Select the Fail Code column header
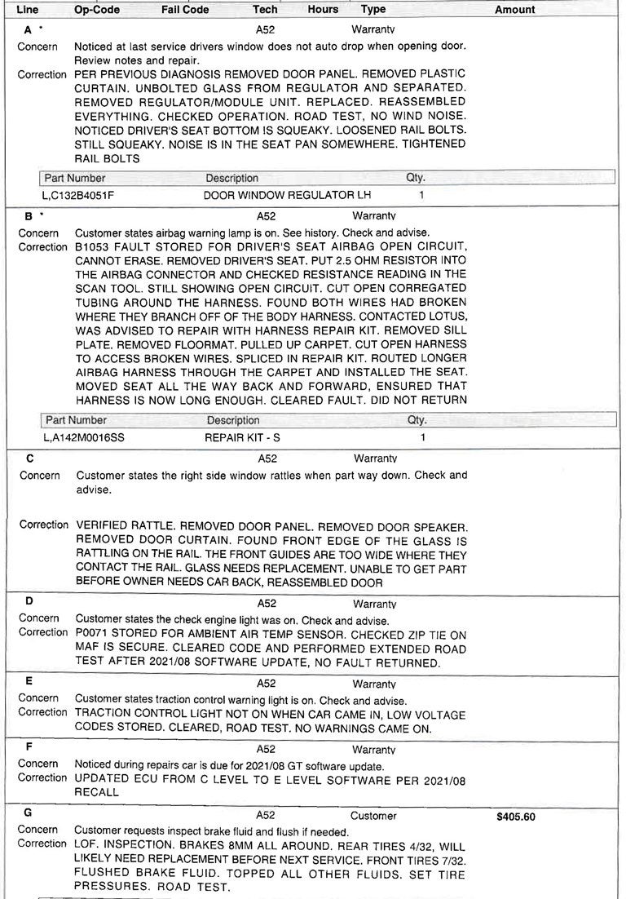tap(185, 10)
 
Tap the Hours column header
tap(323, 10)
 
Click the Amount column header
tap(514, 10)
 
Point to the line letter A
tap(29, 29)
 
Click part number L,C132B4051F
tap(77, 196)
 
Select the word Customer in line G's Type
tap(373, 815)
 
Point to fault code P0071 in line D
tap(94, 633)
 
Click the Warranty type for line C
tap(374, 459)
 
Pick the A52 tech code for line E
tap(266, 684)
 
